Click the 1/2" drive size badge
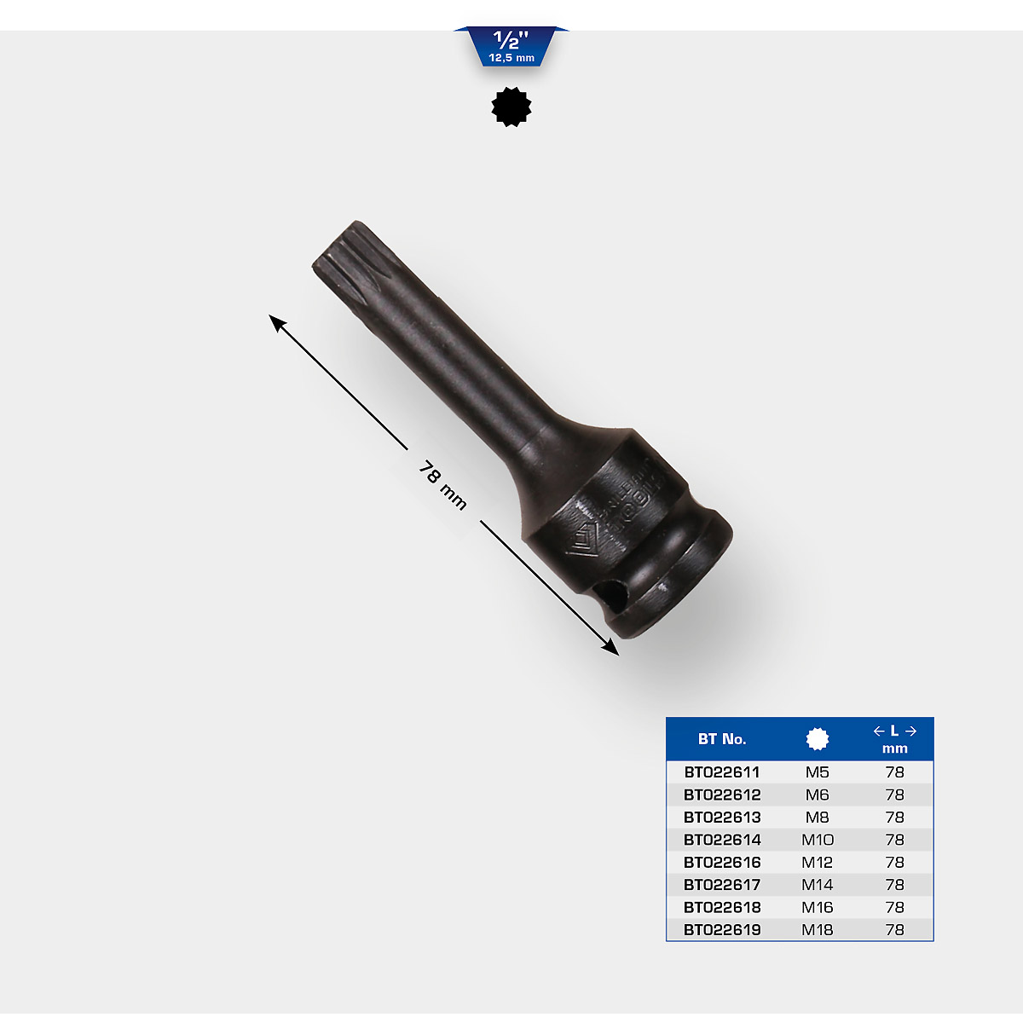click(x=511, y=47)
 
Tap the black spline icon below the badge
click(x=511, y=107)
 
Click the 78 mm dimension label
click(x=442, y=486)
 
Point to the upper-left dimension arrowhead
click(x=277, y=323)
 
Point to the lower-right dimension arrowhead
click(x=610, y=647)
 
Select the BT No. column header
click(x=722, y=739)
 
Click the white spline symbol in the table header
click(x=817, y=739)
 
